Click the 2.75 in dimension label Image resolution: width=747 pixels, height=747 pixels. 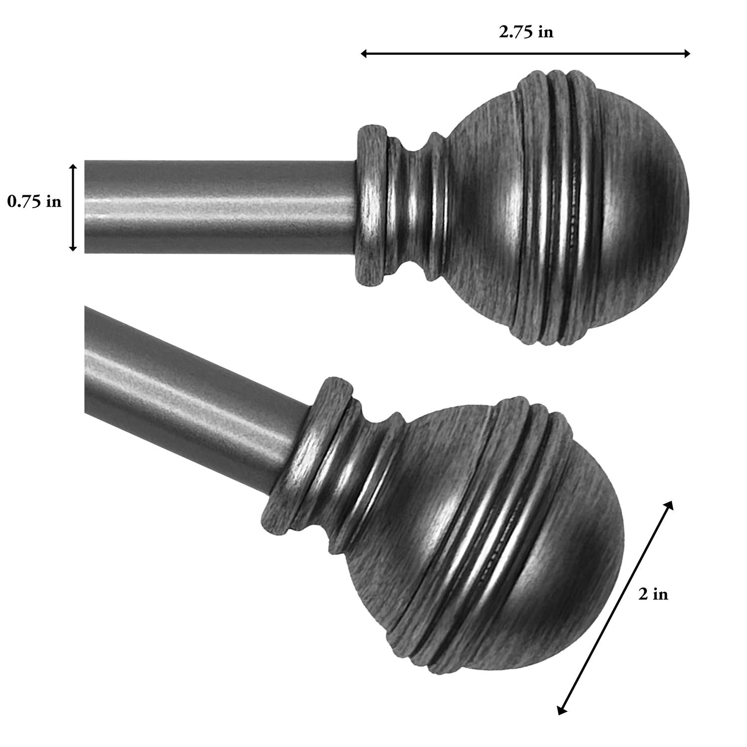tap(526, 32)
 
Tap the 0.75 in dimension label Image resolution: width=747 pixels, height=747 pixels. tap(34, 202)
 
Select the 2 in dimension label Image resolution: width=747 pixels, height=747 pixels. tap(653, 594)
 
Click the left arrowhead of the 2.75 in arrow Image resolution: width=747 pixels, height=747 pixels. tap(364, 53)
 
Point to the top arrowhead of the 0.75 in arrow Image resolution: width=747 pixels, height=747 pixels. tap(73, 167)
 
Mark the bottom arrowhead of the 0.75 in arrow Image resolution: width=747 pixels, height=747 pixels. tap(73, 248)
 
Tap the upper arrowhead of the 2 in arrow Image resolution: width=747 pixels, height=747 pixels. tap(670, 504)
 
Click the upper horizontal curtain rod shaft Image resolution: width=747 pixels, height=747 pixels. tap(219, 206)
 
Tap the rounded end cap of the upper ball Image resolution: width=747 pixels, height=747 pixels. tap(647, 209)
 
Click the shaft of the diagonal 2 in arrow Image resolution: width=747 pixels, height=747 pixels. tap(616, 608)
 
